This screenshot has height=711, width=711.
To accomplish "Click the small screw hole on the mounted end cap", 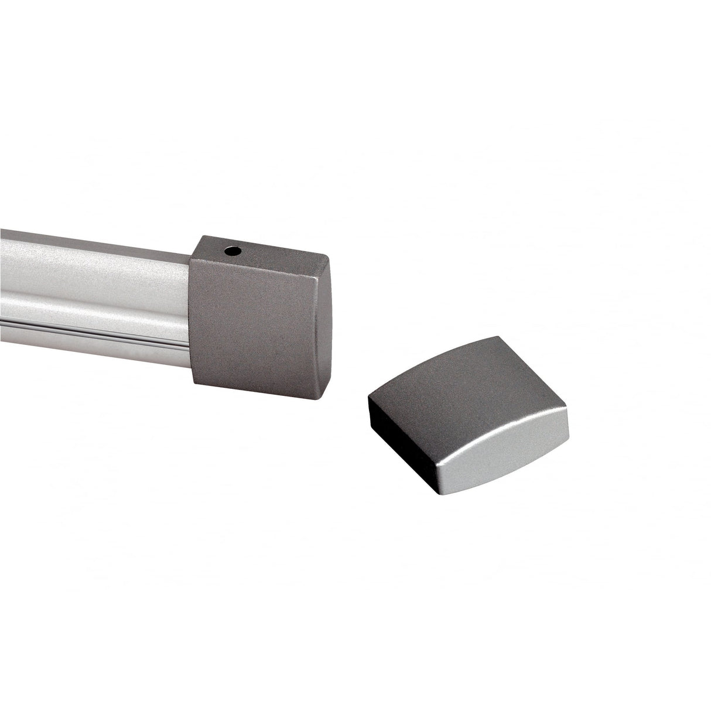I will pos(233,252).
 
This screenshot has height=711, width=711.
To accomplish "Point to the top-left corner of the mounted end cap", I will pos(202,237).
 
